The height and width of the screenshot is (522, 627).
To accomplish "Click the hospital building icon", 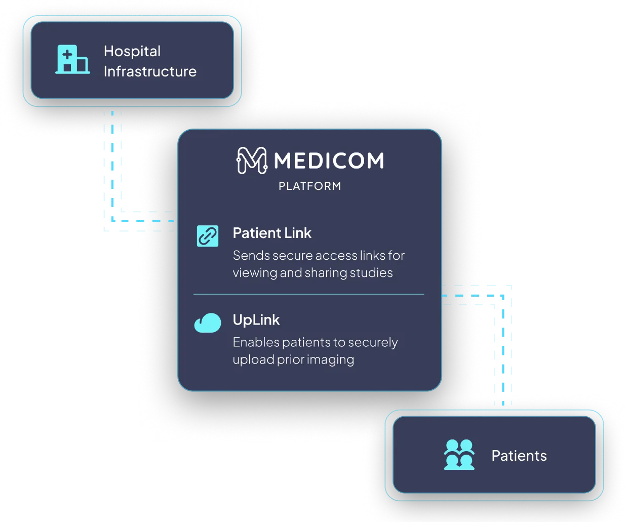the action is point(72,60).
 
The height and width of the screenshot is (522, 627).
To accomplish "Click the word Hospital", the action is point(132,51).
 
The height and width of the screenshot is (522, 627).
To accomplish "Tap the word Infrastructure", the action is point(150,71).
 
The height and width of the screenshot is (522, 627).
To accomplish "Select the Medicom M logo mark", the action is point(252,160).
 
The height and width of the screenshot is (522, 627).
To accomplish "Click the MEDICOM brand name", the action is point(329,161).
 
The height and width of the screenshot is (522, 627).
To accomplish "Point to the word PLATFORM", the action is point(310,186).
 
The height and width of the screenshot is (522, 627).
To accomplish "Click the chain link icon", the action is point(208,236).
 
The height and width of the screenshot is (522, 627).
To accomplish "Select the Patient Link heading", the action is point(272,233).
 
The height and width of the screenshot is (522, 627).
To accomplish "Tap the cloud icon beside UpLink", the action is point(208,323).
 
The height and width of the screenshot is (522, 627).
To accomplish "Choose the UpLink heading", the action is point(256,320).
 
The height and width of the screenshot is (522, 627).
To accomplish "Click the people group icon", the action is point(459,455).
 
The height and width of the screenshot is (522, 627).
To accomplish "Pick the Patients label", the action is point(519,456).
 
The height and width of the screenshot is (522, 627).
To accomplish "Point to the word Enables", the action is point(256,343).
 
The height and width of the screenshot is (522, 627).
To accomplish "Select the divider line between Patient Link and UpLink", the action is point(309,294).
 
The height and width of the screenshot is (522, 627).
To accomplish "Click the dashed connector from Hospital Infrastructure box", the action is point(113,172).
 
